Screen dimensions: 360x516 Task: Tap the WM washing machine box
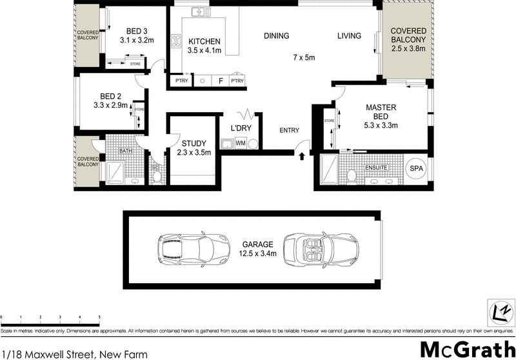tap(240, 143)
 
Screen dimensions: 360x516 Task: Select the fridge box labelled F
tap(221, 81)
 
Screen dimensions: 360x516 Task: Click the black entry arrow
tap(302, 155)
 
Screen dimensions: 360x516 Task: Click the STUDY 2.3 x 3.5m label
tap(193, 148)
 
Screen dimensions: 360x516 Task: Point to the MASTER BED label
tap(381, 112)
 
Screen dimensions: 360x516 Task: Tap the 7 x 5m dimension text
tap(303, 58)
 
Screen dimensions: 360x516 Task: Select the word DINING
tap(276, 36)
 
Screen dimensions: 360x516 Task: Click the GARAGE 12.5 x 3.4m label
tap(258, 249)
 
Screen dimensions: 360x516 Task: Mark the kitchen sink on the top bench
tap(197, 11)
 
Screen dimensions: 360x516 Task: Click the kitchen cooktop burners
tap(175, 41)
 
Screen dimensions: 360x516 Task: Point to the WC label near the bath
tap(155, 167)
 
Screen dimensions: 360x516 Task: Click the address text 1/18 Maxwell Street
tap(74, 354)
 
